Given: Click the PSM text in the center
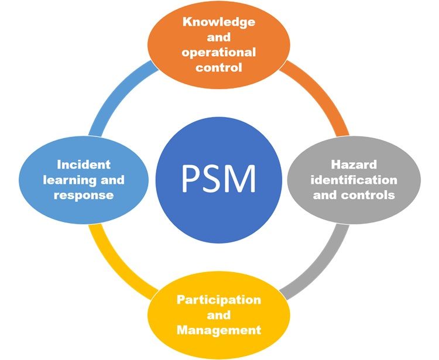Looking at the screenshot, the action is [x=219, y=179].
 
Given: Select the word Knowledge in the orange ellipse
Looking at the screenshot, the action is [x=219, y=22].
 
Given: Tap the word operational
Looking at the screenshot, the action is [x=219, y=53].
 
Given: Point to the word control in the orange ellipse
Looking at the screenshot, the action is [x=219, y=67].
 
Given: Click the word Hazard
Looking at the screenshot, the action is [x=354, y=164].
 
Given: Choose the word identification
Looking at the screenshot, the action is [x=354, y=180].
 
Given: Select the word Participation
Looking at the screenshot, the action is [x=219, y=300].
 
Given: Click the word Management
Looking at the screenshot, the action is [x=219, y=330].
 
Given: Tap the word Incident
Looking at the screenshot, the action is [x=84, y=164].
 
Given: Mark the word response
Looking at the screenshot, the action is [x=84, y=196].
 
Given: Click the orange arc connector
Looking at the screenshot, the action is [x=322, y=93].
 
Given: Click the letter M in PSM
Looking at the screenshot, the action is [x=242, y=179].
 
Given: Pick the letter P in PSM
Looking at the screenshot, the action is [x=190, y=179].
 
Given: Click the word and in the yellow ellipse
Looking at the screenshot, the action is [x=219, y=315].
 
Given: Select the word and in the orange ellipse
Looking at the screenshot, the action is [x=219, y=37].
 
